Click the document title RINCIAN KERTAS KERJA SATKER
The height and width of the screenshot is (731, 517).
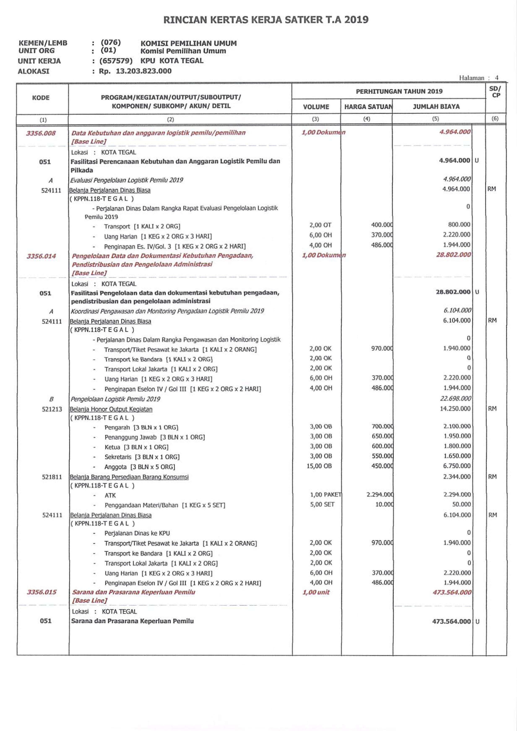pos(266,20)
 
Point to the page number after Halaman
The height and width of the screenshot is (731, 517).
pos(497,78)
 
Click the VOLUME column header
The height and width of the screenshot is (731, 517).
pos(316,107)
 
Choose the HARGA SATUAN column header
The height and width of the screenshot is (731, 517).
pos(368,107)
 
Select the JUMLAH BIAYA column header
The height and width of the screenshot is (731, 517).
pos(436,107)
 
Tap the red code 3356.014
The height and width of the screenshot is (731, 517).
pos(41,256)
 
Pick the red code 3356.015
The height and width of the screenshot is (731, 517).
pos(42,592)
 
